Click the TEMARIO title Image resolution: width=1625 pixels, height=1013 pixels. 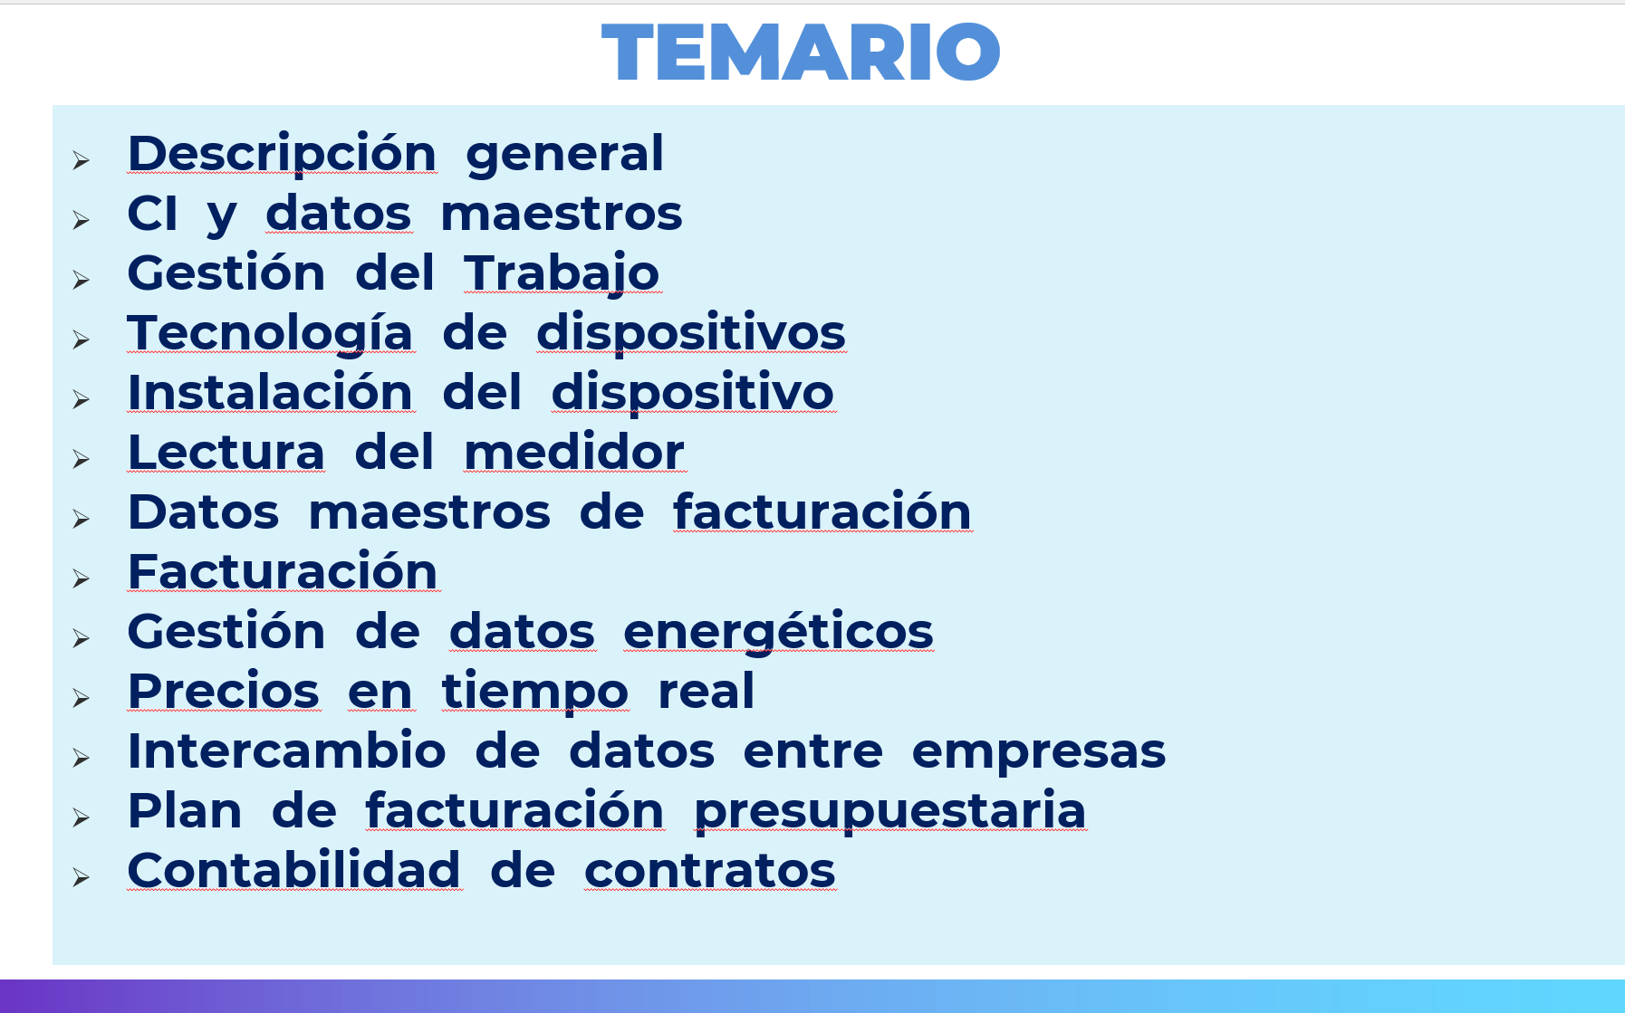point(801,53)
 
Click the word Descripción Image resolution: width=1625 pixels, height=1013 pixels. point(283,153)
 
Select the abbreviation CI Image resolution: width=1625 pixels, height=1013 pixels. point(152,214)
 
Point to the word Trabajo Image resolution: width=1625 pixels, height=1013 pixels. point(562,274)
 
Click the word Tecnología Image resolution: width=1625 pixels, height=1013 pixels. point(271,334)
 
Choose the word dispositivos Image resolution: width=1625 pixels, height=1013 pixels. point(691,333)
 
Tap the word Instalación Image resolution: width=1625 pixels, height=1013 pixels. point(271,392)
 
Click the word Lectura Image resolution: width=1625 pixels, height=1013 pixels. point(226,452)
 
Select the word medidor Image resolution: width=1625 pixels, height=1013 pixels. point(574,452)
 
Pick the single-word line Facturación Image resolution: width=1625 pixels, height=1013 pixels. point(283,571)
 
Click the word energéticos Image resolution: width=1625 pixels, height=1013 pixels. point(778,632)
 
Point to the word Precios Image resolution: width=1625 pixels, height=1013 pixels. point(224,691)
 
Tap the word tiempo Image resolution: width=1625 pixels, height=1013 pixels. point(535,693)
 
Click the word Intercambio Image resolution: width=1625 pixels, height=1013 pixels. point(287,750)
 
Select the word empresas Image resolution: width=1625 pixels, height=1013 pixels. point(1039,752)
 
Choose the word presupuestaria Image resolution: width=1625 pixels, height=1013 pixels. point(890,812)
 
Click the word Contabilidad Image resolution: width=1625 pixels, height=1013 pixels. point(294,870)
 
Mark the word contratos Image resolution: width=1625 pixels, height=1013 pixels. point(710,872)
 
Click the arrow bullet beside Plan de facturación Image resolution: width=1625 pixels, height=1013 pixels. point(82,817)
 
